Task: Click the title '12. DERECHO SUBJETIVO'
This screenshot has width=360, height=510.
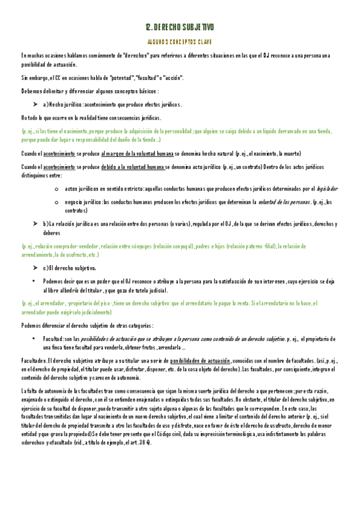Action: point(180,28)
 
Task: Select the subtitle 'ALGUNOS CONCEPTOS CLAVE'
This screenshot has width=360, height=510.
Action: point(180,43)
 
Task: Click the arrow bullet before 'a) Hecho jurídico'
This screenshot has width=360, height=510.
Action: point(35,105)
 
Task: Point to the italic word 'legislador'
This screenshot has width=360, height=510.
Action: point(328,189)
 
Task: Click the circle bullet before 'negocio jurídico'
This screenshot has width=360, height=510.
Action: point(56,203)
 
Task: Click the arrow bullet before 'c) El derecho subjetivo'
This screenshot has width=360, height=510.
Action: point(35,268)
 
